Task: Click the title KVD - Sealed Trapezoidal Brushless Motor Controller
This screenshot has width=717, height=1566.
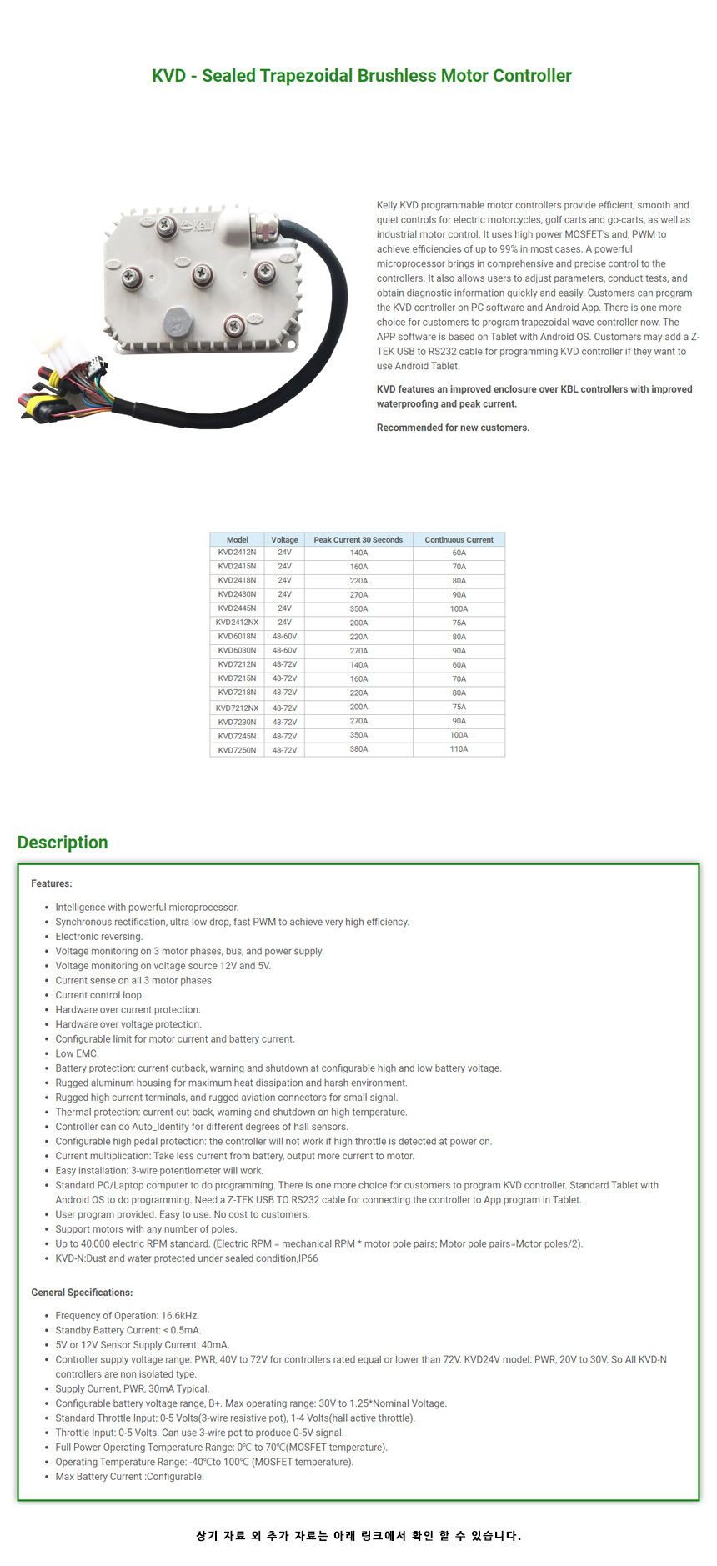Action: click(x=361, y=76)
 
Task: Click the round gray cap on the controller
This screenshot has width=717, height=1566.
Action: click(x=178, y=318)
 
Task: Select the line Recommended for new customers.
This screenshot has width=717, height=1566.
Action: click(x=453, y=428)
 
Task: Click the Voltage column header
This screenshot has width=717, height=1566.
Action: click(x=284, y=540)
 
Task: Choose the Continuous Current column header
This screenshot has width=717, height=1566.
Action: click(x=459, y=540)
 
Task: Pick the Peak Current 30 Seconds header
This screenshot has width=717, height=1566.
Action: click(x=358, y=540)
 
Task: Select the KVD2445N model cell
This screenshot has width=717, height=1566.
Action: click(x=237, y=608)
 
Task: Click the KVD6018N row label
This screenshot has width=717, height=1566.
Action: click(x=237, y=637)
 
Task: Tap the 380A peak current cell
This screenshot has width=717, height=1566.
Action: click(x=358, y=749)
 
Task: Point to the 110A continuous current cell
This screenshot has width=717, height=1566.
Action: click(x=459, y=749)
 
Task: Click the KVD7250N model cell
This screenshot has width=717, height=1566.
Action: click(x=237, y=750)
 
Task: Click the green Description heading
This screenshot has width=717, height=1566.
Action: click(x=63, y=843)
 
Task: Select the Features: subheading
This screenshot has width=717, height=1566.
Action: click(x=52, y=883)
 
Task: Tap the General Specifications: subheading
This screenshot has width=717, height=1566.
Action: click(x=82, y=1293)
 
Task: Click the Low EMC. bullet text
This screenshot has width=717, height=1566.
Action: click(x=77, y=1053)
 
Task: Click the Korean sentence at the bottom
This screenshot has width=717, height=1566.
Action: click(x=358, y=1535)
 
